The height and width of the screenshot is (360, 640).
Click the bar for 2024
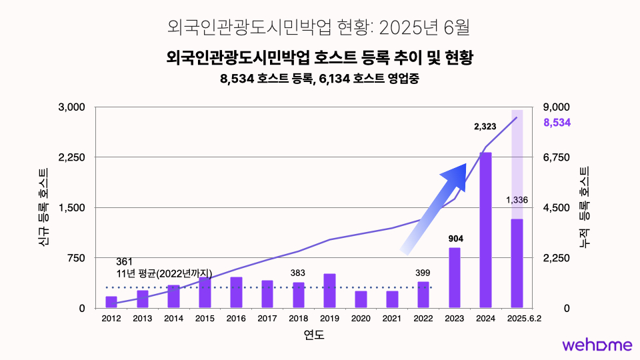(485, 230)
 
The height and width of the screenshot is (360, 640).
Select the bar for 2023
(455, 277)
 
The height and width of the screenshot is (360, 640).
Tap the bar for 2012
(111, 302)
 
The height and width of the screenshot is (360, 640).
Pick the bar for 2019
(329, 291)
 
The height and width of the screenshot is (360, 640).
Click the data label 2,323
(485, 126)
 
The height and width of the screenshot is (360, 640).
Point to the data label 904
(455, 238)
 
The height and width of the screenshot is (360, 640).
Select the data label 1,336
(517, 200)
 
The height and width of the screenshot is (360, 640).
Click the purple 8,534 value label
(557, 123)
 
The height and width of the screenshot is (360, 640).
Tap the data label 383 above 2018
(298, 273)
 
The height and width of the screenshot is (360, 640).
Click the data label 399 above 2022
(423, 273)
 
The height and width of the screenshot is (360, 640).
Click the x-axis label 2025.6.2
(524, 319)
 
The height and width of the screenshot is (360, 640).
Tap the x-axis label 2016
(236, 319)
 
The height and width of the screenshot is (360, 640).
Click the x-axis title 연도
(313, 335)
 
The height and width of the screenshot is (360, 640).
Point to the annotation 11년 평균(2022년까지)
(164, 273)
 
